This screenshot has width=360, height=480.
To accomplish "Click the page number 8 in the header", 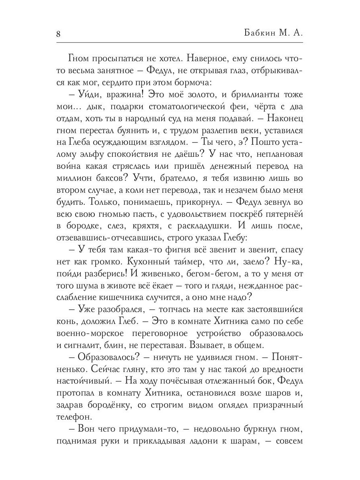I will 58,34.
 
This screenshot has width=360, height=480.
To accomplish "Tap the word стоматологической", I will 197,108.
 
